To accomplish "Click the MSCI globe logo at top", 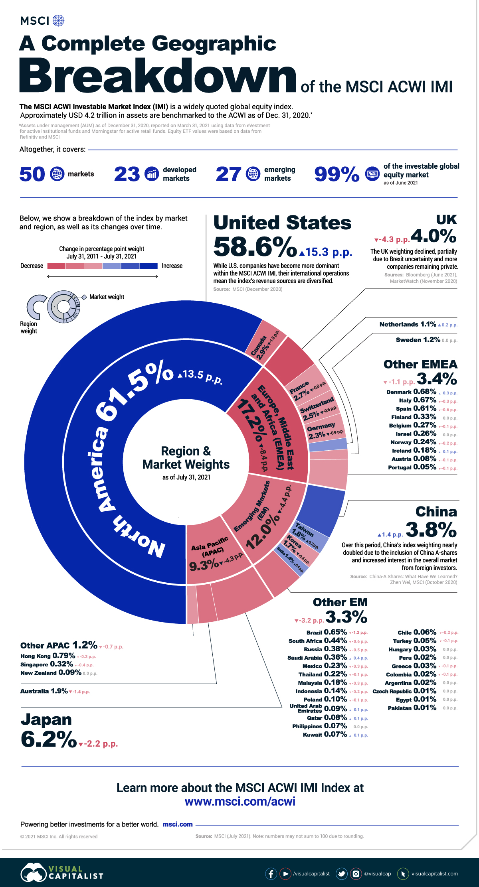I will pos(58,20).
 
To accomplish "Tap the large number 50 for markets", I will pos(32,174).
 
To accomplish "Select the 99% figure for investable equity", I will pos(336,174).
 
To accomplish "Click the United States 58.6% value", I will pos(255,247).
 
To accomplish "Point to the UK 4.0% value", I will pos(433,236).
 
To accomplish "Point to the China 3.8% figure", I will pos(431,530).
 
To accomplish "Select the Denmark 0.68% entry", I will pos(412,392).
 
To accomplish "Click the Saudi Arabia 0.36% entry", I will pos(317,658).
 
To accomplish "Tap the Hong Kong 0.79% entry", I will pos(48,656).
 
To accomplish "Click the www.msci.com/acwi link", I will pos(240,801).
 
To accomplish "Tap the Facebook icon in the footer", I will pos(271,873).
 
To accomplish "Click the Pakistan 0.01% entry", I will pos(412,708).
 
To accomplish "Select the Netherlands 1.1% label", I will pos(408,325).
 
